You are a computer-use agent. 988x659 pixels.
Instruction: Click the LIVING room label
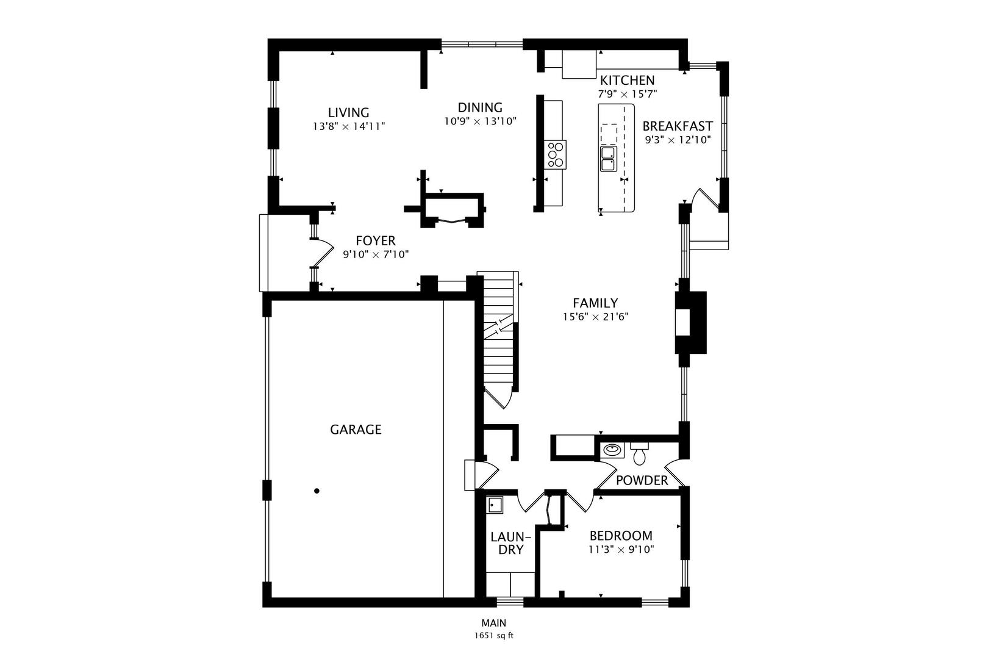(348, 112)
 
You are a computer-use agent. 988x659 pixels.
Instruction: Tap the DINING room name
(480, 107)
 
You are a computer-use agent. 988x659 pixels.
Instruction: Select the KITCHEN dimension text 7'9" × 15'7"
(627, 94)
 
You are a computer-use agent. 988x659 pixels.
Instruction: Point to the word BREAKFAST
(678, 126)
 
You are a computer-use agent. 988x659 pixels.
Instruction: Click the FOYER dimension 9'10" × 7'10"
(376, 254)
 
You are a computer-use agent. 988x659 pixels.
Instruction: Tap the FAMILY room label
(595, 303)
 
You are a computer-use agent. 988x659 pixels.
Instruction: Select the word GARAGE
(356, 430)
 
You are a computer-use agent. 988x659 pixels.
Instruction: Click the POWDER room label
(642, 481)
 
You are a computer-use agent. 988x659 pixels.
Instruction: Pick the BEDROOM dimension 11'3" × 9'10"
(621, 550)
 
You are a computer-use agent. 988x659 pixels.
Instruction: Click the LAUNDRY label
(510, 543)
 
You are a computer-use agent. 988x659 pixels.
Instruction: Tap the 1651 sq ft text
(494, 636)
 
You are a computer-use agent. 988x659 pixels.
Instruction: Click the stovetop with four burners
(555, 154)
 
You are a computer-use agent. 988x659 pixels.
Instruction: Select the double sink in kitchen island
(609, 159)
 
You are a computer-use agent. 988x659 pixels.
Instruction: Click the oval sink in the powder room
(612, 450)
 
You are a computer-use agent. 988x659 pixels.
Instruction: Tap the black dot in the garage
(317, 491)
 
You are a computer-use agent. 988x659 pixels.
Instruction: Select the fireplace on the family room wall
(691, 323)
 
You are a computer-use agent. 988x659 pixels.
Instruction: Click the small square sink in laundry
(495, 505)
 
